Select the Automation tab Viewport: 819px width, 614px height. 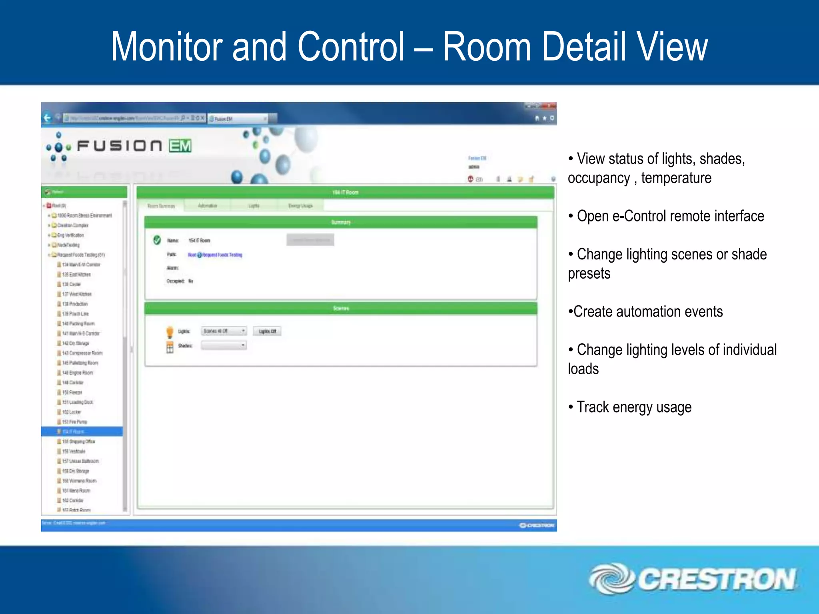(x=207, y=205)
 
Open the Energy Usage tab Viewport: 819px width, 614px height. (x=300, y=205)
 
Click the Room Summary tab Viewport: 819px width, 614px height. (x=161, y=206)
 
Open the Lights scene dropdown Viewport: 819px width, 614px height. (x=224, y=331)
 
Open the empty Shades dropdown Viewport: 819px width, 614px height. (x=224, y=345)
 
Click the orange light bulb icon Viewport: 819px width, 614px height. (x=170, y=331)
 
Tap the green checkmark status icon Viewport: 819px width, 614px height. (x=157, y=240)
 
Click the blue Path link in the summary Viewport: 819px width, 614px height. (x=215, y=255)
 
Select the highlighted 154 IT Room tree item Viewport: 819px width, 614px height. (x=74, y=432)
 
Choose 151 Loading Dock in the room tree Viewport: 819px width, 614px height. (x=78, y=402)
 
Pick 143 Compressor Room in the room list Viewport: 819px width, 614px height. (x=82, y=353)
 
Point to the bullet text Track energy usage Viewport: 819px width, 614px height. (x=634, y=407)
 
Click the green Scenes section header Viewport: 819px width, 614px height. (x=341, y=308)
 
